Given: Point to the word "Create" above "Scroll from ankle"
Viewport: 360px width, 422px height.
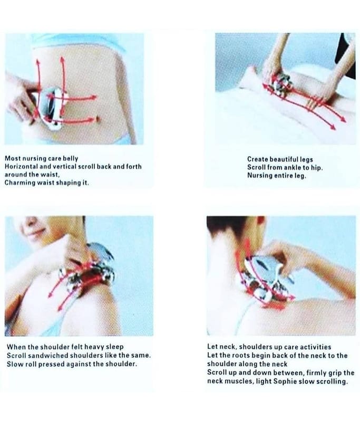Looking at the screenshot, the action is (x=258, y=159).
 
